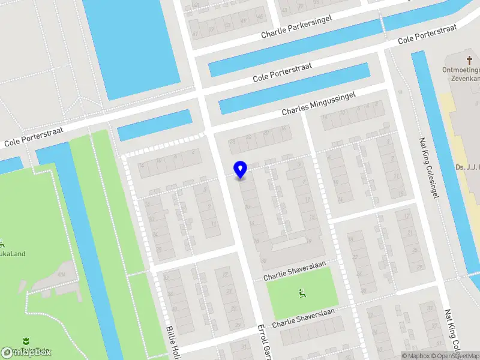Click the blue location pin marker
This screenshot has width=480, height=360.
click(x=241, y=170)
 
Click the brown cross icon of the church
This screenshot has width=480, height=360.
click(x=468, y=60)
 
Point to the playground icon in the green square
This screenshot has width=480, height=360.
click(x=301, y=293)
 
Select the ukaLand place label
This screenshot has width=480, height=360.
click(x=13, y=253)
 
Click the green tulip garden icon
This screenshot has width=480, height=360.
click(x=25, y=341)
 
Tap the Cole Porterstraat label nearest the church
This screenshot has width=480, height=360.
click(x=428, y=34)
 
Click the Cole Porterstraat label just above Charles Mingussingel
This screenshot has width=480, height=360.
click(x=282, y=73)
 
